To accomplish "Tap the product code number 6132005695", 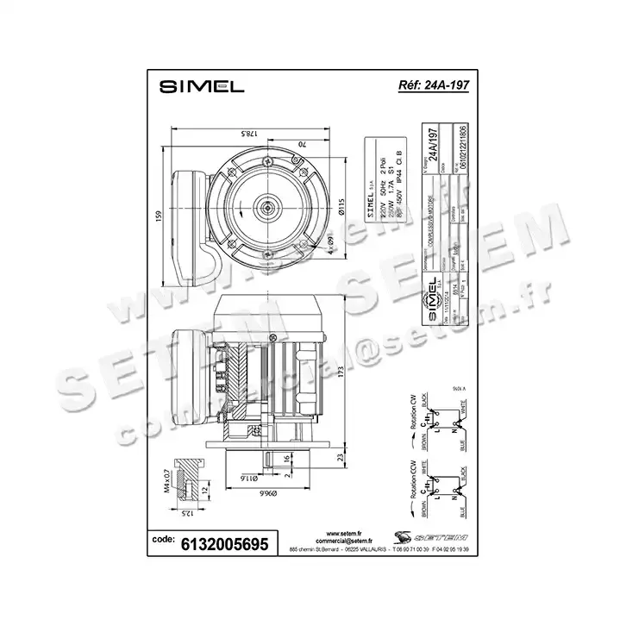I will tap(226, 543).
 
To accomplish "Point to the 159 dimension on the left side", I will tap(158, 216).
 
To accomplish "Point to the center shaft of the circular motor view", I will tap(266, 207).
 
